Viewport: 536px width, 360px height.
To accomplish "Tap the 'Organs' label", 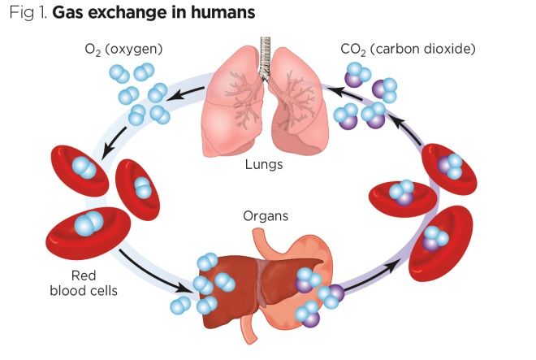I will (x=265, y=217).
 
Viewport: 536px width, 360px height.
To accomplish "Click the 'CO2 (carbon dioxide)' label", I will (x=408, y=50).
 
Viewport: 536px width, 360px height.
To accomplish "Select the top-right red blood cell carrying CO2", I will (x=448, y=168).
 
